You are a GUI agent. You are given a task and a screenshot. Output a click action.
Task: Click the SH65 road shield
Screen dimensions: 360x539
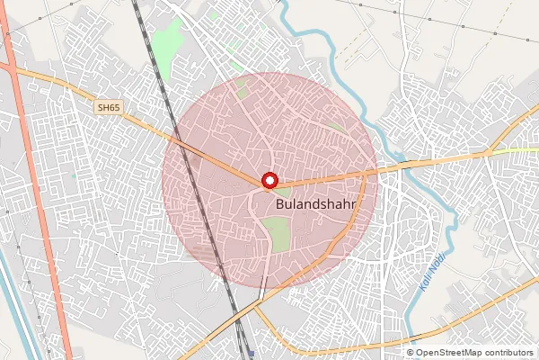point(108,108)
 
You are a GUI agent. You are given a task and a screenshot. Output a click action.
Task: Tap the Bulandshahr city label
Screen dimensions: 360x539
point(314,205)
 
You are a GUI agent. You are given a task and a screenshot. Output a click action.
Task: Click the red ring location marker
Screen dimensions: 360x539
point(268,180)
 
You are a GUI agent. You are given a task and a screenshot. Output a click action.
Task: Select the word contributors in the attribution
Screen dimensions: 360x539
point(509,353)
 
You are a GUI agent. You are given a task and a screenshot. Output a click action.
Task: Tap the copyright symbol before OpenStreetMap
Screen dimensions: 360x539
point(411,353)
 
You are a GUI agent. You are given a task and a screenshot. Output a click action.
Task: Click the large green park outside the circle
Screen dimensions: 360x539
point(166,40)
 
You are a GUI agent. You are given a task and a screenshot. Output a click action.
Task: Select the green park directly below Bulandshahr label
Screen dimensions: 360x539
point(278,234)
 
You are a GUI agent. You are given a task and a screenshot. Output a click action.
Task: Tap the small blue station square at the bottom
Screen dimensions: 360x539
point(252,355)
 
